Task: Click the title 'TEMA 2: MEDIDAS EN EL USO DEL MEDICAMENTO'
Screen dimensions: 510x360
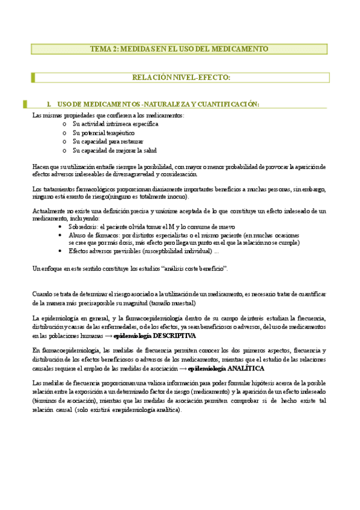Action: coord(179,49)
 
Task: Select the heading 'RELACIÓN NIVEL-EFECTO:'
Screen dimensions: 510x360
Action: coord(181,77)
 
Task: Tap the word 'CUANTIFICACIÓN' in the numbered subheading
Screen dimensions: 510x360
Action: coord(227,104)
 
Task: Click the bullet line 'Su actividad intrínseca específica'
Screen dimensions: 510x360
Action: coord(115,123)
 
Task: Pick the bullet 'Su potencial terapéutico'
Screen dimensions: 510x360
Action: coord(104,132)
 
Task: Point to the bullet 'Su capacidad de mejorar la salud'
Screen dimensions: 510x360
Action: coord(114,150)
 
